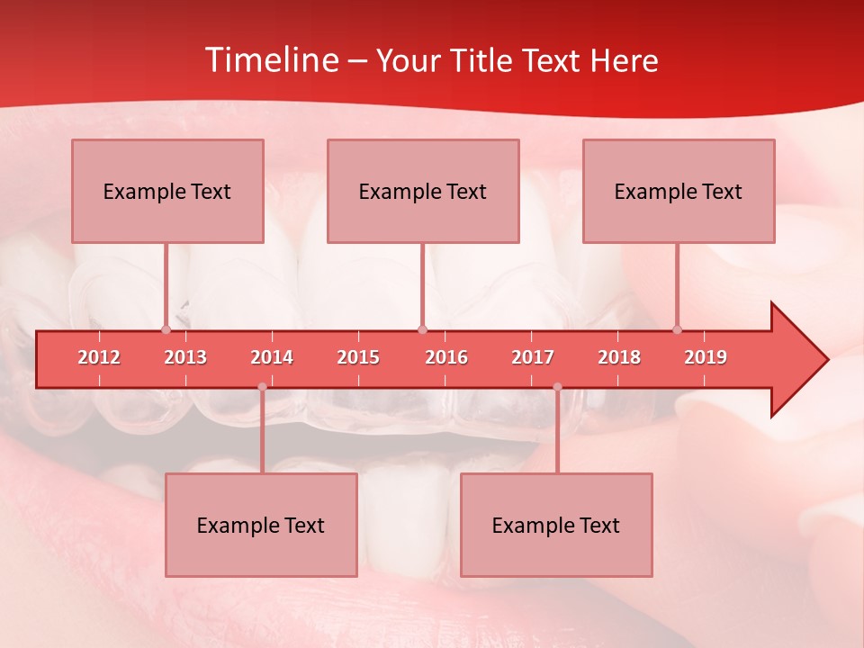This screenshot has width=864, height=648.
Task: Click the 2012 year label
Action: [99, 357]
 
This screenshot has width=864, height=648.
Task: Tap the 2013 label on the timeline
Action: [185, 357]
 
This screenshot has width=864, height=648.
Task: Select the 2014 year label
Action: [272, 357]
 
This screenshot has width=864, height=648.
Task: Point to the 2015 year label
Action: [358, 357]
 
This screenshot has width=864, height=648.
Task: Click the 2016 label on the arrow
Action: [446, 357]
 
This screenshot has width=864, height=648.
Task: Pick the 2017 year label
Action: [533, 357]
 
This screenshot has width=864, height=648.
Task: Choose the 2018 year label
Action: [619, 357]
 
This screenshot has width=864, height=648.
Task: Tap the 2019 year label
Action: [706, 357]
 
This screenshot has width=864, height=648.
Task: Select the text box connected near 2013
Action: [167, 191]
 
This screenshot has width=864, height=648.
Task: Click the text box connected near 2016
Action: [423, 191]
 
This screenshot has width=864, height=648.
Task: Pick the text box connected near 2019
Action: [679, 191]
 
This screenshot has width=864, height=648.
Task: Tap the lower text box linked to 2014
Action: [261, 525]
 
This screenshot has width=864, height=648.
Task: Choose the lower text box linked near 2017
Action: [556, 525]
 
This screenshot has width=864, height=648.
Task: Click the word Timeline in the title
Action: [270, 60]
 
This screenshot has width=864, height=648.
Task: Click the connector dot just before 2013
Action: [166, 329]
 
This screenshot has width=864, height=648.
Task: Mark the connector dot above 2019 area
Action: [677, 329]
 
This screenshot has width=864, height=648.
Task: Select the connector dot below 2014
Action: [262, 387]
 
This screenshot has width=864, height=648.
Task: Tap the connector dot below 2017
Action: [557, 387]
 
